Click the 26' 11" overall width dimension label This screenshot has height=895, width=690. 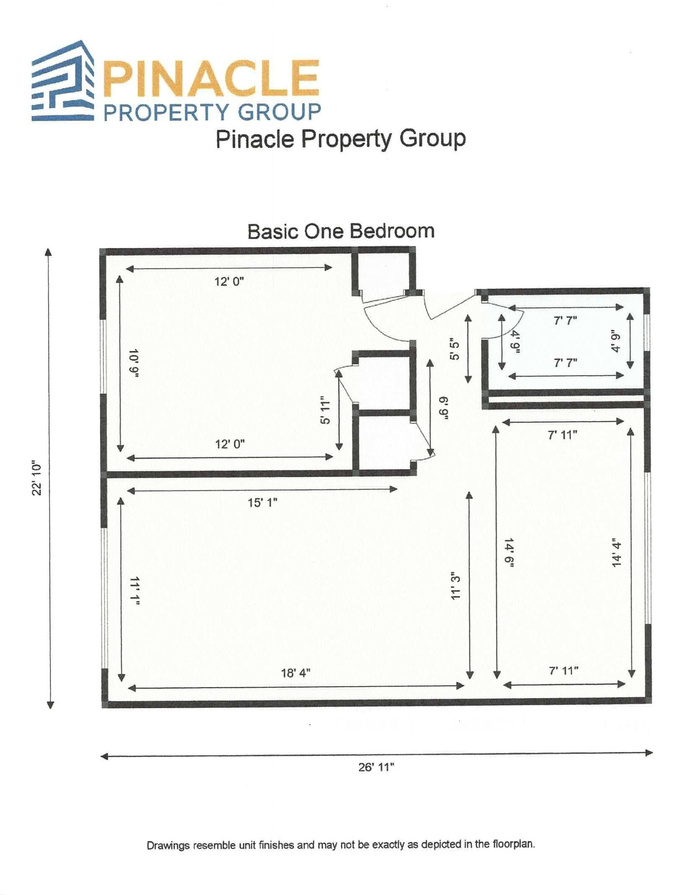[376, 767]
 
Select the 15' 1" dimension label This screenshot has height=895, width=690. [262, 503]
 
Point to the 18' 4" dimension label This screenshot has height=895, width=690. [295, 673]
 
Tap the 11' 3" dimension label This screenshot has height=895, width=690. [455, 585]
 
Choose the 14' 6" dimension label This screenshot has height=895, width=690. [509, 553]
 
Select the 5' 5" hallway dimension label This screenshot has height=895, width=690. [454, 350]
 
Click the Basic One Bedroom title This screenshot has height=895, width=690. [341, 231]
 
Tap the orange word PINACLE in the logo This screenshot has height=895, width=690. [211, 78]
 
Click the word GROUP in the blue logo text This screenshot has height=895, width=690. [279, 112]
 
